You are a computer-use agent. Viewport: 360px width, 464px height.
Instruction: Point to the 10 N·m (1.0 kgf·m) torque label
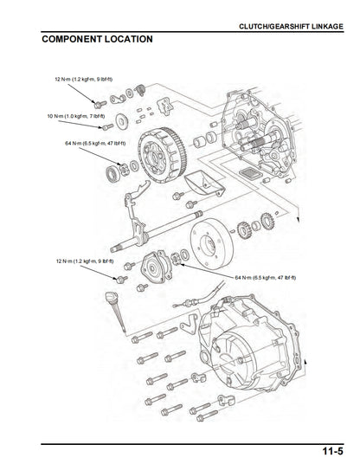(76, 115)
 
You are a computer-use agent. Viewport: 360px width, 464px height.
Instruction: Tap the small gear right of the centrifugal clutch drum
(245, 231)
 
